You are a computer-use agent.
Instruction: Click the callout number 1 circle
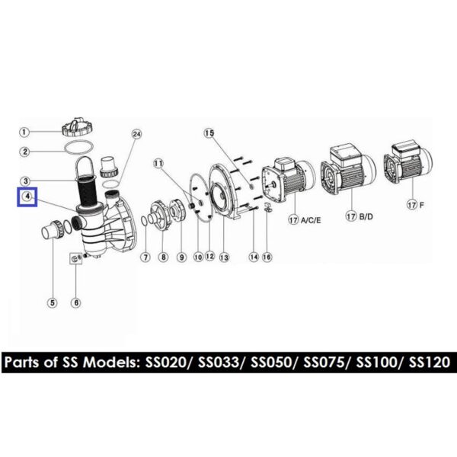coord(24,132)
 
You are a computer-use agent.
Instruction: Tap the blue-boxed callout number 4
coord(27,197)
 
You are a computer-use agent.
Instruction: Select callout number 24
coord(136,134)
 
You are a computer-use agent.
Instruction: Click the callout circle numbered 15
coord(209,133)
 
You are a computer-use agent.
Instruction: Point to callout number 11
coord(158,164)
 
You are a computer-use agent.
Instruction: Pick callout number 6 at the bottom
coord(76,303)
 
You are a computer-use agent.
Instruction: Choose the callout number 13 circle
coord(224,257)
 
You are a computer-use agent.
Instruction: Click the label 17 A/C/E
coord(305,220)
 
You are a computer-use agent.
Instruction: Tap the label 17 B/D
coord(359,216)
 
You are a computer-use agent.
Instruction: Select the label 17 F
coord(415,205)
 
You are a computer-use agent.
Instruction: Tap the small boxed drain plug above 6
coord(75,258)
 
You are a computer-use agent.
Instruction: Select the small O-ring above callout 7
coord(144,221)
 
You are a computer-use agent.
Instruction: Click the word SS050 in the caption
coord(271,363)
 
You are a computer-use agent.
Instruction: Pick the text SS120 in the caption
coord(430,363)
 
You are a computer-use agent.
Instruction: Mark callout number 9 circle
coord(181,257)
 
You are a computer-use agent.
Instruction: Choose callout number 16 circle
coord(267,257)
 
